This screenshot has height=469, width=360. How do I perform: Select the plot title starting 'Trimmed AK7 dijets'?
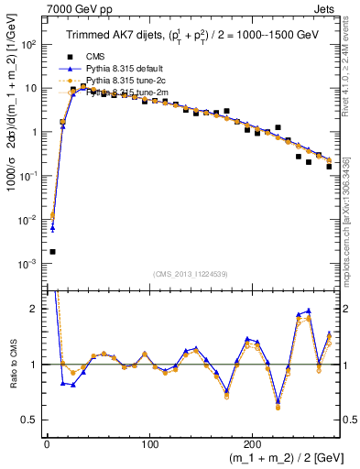tap(191, 36)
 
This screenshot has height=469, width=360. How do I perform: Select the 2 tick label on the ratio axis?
tap(34, 309)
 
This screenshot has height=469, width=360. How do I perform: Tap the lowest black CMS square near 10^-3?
tap(52, 251)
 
